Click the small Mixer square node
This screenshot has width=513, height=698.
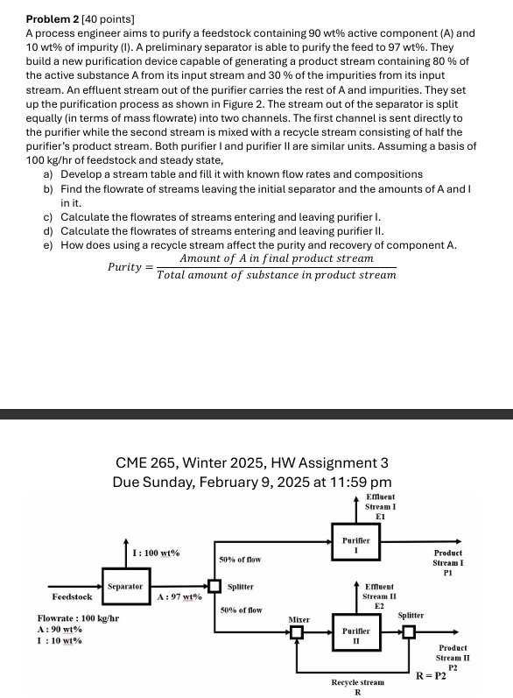click(297, 631)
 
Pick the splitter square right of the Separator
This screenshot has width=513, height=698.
click(214, 586)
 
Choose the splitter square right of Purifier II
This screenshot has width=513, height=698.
click(409, 631)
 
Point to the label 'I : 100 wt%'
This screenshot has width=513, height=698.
click(156, 553)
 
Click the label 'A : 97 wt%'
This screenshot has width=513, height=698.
click(179, 596)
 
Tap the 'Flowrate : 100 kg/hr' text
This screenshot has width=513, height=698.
click(78, 618)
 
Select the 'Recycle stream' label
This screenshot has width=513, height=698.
click(358, 682)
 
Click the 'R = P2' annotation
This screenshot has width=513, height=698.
click(431, 676)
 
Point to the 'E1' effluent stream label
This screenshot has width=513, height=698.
click(380, 517)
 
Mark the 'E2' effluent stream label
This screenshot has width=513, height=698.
click(379, 606)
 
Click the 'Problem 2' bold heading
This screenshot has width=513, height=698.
click(53, 19)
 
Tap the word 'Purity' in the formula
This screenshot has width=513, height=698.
click(124, 266)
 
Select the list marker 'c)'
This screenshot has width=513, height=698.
click(48, 217)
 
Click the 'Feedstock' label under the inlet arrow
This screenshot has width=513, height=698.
click(72, 596)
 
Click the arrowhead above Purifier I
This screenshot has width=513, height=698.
click(356, 498)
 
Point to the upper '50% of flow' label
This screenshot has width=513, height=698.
click(240, 560)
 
